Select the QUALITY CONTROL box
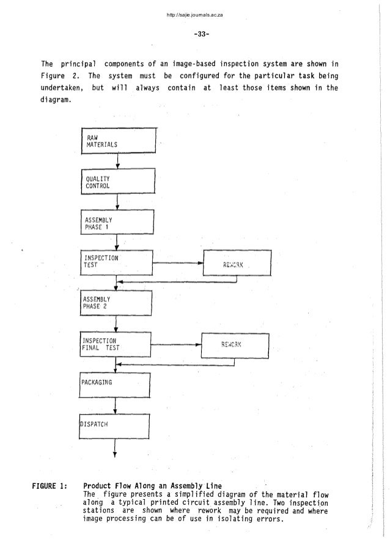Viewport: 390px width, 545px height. point(116,182)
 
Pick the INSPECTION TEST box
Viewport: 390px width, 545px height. point(116,263)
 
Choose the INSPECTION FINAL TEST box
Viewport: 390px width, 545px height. point(116,344)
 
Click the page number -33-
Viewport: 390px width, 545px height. point(194,34)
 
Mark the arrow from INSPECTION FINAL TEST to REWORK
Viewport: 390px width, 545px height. point(176,345)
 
